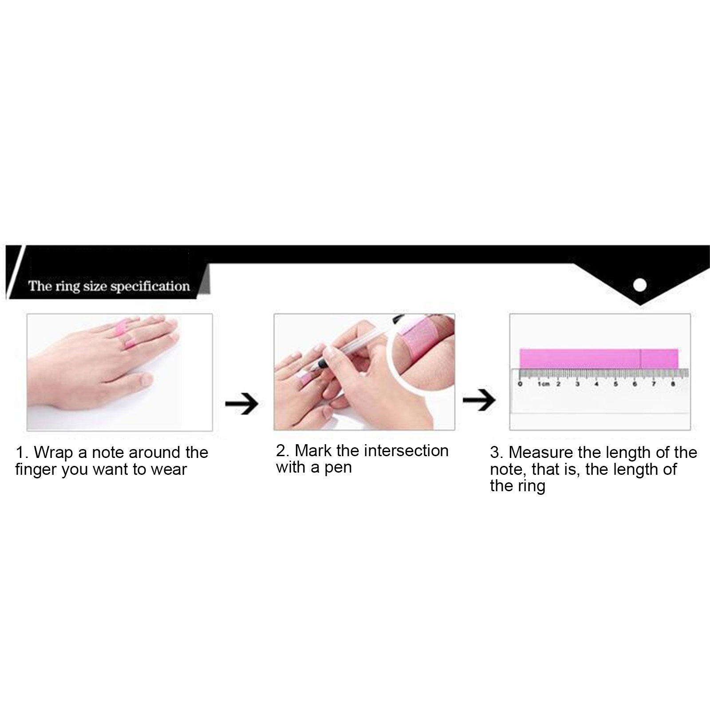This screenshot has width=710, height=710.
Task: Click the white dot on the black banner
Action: [639, 285]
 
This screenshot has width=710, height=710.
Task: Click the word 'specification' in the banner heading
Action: [150, 286]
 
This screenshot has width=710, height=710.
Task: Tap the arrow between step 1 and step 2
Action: [241, 404]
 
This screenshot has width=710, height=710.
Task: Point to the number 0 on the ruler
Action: [520, 384]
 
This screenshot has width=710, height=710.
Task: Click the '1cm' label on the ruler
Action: [543, 384]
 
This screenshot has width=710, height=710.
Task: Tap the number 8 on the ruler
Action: [673, 384]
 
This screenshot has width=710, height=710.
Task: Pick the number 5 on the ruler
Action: [615, 384]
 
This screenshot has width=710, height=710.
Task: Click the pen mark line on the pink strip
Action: [640, 359]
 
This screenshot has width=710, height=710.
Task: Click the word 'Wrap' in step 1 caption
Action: [53, 453]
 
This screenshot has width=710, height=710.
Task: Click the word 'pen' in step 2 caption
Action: [338, 469]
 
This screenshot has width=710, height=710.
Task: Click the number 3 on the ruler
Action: [577, 384]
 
